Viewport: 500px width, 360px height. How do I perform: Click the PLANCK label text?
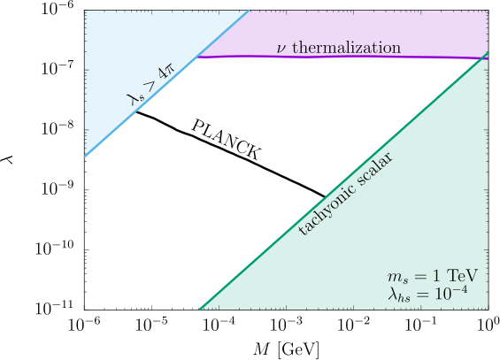(226, 140)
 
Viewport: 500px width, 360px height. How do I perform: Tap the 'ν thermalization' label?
(339, 48)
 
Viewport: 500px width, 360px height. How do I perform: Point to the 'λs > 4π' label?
(150, 83)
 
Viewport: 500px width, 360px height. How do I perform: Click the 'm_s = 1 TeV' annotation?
(433, 276)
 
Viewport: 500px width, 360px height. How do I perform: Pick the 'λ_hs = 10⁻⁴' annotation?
(427, 293)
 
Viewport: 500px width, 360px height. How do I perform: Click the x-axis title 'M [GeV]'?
(286, 349)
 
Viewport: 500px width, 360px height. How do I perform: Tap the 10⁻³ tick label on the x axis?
(286, 325)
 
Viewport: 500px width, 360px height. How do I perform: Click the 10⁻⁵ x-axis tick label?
(151, 325)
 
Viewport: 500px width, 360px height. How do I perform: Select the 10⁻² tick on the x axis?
(353, 325)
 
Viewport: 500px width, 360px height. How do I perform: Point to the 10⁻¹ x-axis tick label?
(420, 325)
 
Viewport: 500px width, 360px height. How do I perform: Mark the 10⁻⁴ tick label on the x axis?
(219, 325)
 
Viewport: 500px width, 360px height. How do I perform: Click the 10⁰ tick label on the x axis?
(488, 325)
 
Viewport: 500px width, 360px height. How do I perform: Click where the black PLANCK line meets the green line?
(325, 197)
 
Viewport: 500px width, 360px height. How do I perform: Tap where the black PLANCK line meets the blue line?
(136, 111)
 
